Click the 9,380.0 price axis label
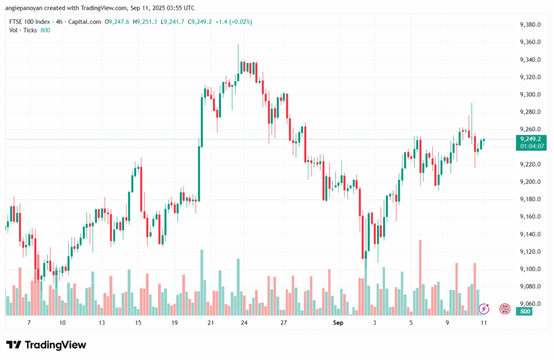click(530, 25)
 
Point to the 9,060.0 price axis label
click(530, 304)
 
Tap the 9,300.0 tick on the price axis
click(530, 95)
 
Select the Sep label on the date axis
click(338, 323)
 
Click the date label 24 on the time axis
click(245, 323)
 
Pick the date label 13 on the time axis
click(101, 323)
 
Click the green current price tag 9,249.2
click(530, 139)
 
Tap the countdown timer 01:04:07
click(530, 146)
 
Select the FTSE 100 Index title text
click(31, 22)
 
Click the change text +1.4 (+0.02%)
click(233, 22)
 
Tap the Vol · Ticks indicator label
click(23, 30)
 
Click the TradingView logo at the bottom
click(46, 345)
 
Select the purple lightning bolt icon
click(485, 309)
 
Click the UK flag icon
click(504, 309)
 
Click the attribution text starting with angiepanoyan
click(101, 8)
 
